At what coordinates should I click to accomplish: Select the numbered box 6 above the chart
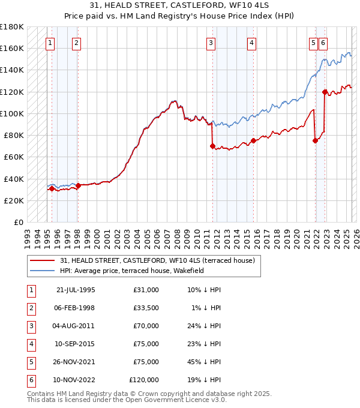[x=323, y=43]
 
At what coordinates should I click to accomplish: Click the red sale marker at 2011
[x=212, y=146]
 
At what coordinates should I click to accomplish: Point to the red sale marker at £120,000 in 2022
[x=325, y=92]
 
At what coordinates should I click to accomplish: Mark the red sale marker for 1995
[x=52, y=188]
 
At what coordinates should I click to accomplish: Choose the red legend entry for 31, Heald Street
[x=158, y=260]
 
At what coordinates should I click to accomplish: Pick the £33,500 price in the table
[x=146, y=308]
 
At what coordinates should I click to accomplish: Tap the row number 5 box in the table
[x=31, y=362]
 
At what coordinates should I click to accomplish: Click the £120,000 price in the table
[x=145, y=380]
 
